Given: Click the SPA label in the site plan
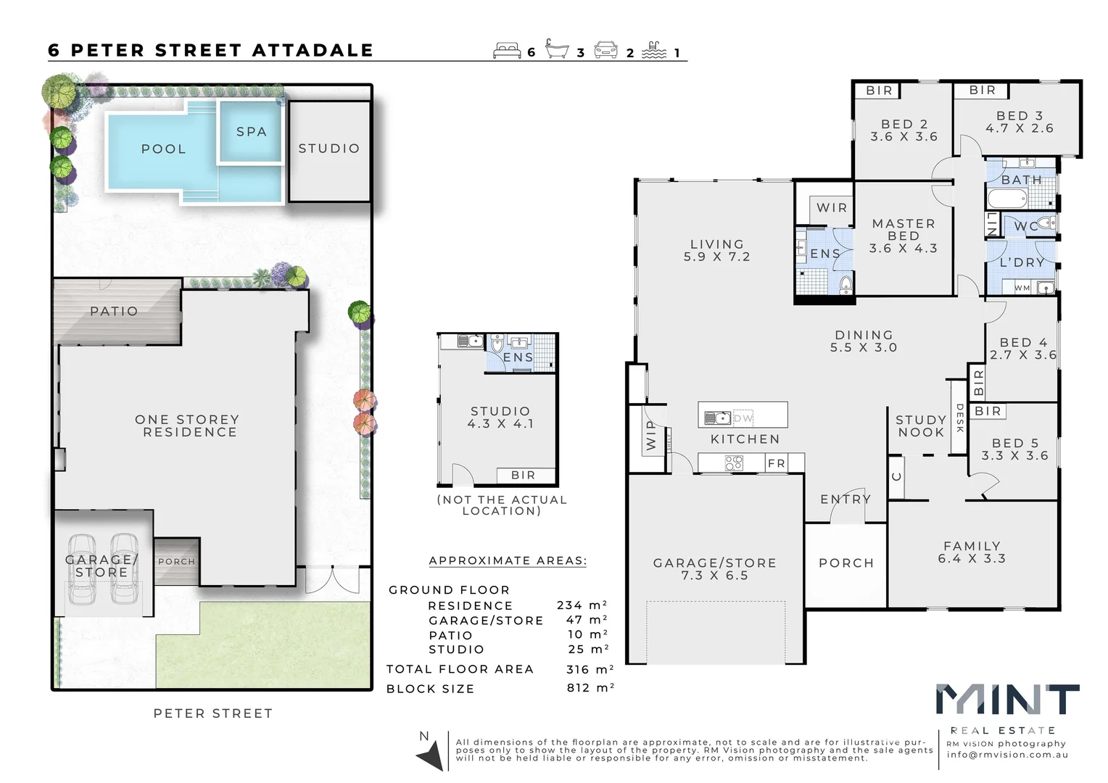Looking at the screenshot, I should pyautogui.click(x=251, y=132).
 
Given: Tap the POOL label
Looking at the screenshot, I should pyautogui.click(x=163, y=149).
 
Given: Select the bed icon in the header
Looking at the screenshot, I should pyautogui.click(x=507, y=50).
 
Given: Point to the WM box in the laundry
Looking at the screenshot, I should pyautogui.click(x=1022, y=288).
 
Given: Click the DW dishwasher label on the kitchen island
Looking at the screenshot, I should pyautogui.click(x=743, y=418).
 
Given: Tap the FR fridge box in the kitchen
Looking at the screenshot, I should pyautogui.click(x=776, y=463).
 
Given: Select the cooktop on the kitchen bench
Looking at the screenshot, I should pyautogui.click(x=734, y=463).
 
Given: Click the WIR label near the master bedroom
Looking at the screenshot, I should pyautogui.click(x=831, y=207).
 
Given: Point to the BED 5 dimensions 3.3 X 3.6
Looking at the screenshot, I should pyautogui.click(x=1014, y=456).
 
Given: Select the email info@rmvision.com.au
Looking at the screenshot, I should pyautogui.click(x=1006, y=755).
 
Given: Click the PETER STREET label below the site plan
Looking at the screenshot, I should pyautogui.click(x=213, y=713).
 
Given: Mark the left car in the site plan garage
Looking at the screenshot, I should pyautogui.click(x=82, y=570).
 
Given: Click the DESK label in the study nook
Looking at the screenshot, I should pyautogui.click(x=959, y=418).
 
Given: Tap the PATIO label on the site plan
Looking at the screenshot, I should pyautogui.click(x=114, y=311).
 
